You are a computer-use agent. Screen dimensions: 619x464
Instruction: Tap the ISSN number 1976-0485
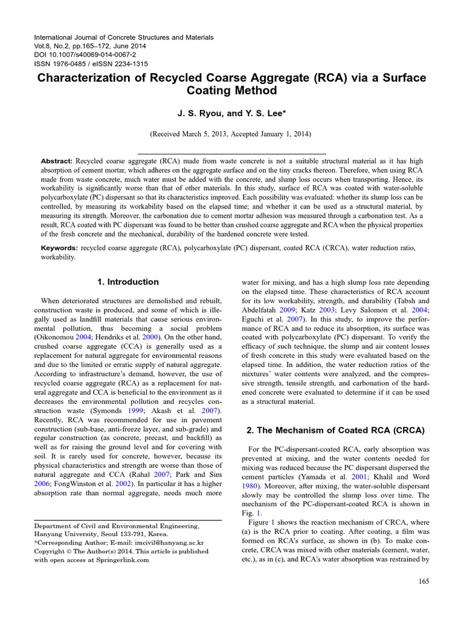pos(73,63)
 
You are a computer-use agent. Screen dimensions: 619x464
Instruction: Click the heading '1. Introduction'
pos(127,282)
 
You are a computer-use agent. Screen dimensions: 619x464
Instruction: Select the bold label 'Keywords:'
pos(59,248)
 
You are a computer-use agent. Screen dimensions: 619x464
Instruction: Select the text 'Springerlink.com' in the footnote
pos(122,560)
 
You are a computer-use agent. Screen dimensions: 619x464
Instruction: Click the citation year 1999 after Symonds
pos(143,410)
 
